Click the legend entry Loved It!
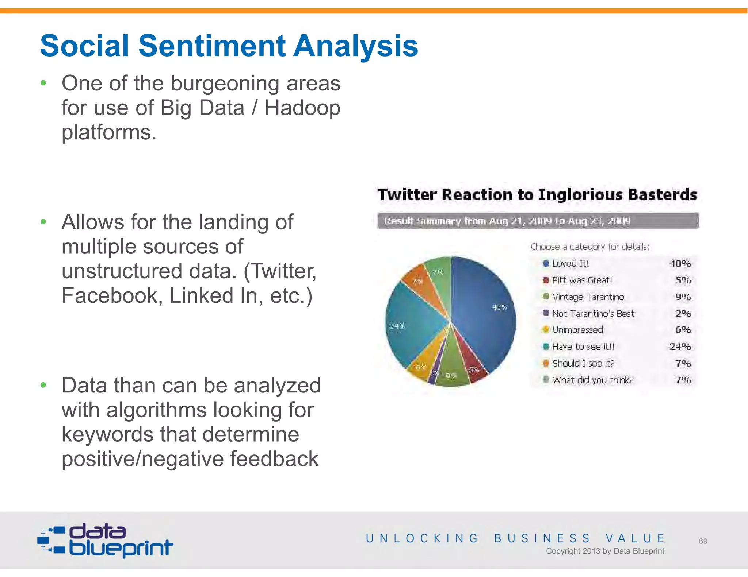pos(570,263)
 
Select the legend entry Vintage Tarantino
pos(588,297)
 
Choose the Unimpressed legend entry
pos(577,330)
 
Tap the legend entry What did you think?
pos(592,380)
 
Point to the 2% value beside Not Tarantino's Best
pos(683,314)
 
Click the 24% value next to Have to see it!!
pos(680,346)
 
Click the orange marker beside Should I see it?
pos(546,363)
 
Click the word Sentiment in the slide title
pos(211,46)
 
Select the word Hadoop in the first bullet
pos(302,108)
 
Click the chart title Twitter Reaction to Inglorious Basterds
pos(537,194)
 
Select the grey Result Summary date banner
pos(538,221)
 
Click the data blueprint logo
pos(106,541)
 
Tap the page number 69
pos(703,541)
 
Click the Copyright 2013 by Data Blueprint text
pos(605,551)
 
